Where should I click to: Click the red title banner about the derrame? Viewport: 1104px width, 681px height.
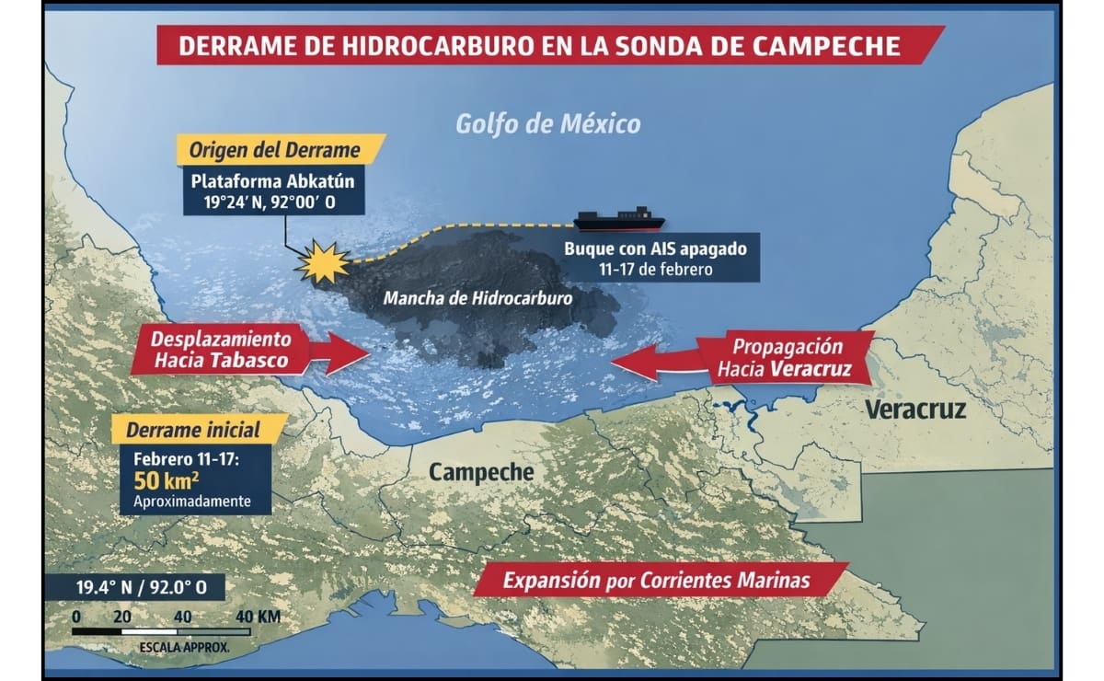pyautogui.click(x=550, y=46)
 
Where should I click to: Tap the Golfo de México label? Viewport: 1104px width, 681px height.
pyautogui.click(x=548, y=123)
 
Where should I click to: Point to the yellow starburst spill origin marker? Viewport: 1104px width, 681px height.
pyautogui.click(x=323, y=263)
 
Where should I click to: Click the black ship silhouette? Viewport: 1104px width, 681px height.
pyautogui.click(x=619, y=220)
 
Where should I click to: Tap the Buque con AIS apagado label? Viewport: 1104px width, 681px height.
pyautogui.click(x=661, y=248)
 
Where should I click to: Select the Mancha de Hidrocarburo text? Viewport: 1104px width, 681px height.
pyautogui.click(x=477, y=298)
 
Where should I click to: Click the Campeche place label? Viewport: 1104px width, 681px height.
pyautogui.click(x=481, y=472)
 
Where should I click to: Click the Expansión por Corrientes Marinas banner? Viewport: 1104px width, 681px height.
pyautogui.click(x=656, y=581)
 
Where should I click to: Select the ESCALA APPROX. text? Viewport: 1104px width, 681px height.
pyautogui.click(x=184, y=648)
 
